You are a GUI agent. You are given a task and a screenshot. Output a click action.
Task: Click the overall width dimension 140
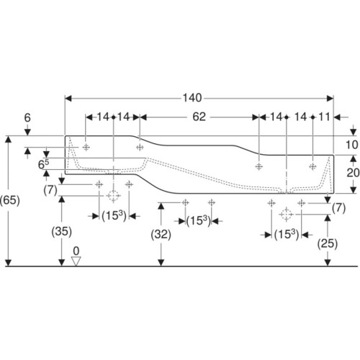[x=192, y=98]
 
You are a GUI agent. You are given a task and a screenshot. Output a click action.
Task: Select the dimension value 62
[x=199, y=117]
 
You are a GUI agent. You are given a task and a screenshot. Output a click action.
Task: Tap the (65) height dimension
[x=9, y=200]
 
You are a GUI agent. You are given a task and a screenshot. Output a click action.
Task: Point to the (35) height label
[x=62, y=232]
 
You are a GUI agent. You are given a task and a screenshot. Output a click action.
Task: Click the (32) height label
[x=161, y=235]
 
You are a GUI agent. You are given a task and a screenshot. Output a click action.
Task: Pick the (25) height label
[x=328, y=244]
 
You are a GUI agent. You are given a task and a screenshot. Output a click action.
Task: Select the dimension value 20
[x=353, y=173]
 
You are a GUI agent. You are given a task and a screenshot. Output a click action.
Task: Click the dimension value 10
[x=352, y=145]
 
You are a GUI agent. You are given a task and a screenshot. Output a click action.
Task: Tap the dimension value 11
[x=324, y=117]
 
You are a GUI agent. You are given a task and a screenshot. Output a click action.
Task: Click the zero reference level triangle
[x=76, y=261]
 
